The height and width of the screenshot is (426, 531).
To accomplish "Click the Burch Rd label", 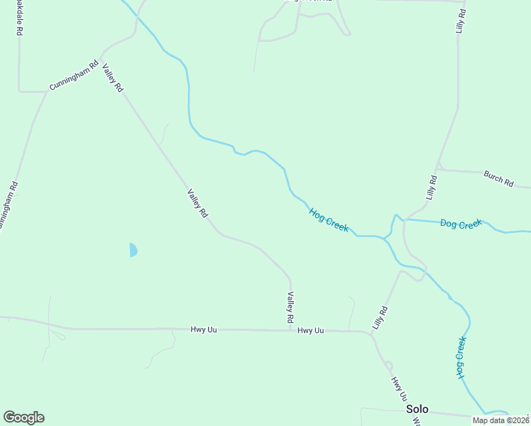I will [x=498, y=178].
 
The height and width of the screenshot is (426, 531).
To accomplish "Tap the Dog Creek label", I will [x=461, y=224].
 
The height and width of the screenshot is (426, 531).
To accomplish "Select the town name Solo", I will [x=417, y=410].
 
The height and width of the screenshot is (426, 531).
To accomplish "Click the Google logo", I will [x=23, y=417].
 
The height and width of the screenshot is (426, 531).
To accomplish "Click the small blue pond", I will [x=133, y=250].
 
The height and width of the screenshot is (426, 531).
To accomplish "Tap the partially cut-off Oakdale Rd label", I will [x=16, y=18].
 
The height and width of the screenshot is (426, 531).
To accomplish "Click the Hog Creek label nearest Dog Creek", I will [x=329, y=220].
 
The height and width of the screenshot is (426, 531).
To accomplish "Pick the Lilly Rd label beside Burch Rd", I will [x=431, y=187].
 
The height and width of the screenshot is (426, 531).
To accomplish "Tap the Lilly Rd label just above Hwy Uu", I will [x=381, y=317].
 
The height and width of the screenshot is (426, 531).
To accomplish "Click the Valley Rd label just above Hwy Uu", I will [x=290, y=308].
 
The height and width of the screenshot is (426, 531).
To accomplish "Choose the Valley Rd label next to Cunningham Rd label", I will [x=113, y=78].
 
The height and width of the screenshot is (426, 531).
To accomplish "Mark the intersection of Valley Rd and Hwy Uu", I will [x=290, y=330].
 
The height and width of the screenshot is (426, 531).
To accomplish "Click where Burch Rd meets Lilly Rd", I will [x=438, y=168].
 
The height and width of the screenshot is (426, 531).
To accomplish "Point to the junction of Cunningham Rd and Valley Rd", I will [x=100, y=59].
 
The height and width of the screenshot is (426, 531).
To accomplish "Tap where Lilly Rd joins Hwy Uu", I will [x=371, y=333].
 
